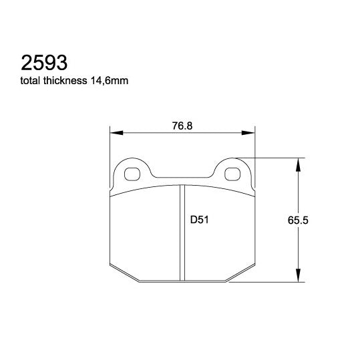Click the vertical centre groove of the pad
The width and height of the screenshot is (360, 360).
click(183, 234)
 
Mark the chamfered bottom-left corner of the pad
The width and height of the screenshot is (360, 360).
click(124, 275)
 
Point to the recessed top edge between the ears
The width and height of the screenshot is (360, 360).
click(183, 178)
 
